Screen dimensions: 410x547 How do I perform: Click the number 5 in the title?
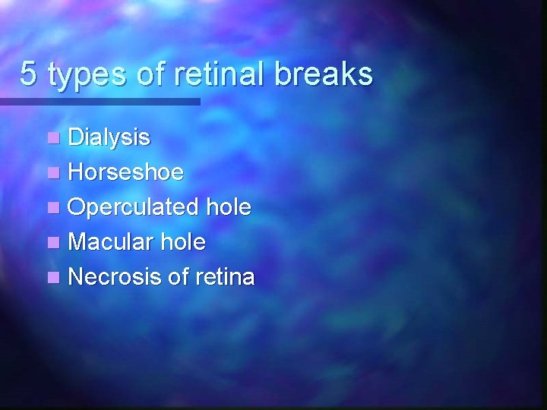point(29,74)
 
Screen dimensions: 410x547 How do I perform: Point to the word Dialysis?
point(109,138)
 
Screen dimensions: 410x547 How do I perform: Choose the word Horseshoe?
point(125,172)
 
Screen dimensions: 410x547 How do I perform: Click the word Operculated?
point(132,207)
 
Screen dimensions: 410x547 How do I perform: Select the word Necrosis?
point(115,277)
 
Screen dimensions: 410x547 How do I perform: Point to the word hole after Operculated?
point(226,207)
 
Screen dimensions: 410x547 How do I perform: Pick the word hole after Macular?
point(183,242)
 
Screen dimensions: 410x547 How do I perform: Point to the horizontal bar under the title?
point(100,101)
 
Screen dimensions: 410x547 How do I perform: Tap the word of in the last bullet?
point(177,277)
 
